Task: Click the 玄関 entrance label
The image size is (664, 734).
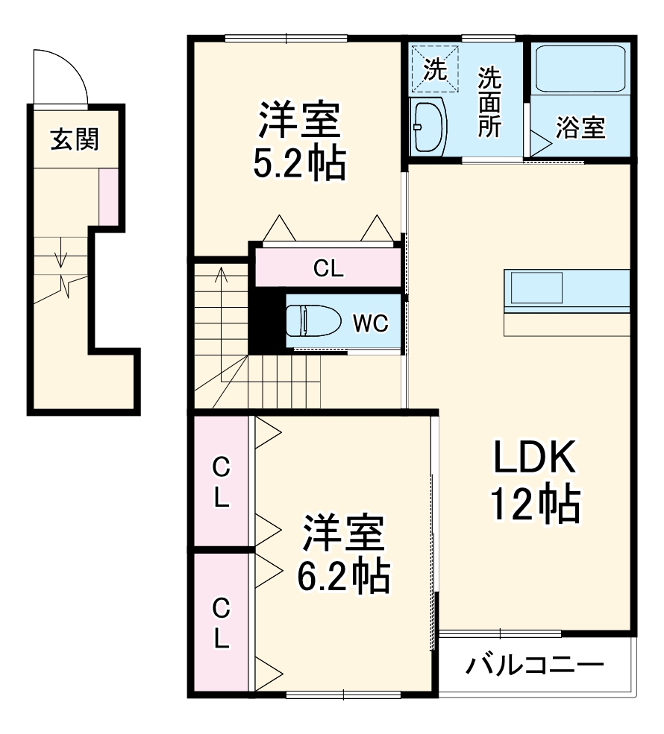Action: tap(75, 139)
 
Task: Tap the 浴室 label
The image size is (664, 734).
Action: tap(580, 127)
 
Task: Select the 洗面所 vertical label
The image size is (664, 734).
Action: tap(489, 101)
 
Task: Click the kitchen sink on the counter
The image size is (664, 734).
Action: tap(536, 288)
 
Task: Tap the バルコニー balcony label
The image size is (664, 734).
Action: tap(534, 664)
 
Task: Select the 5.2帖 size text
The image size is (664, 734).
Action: tap(299, 163)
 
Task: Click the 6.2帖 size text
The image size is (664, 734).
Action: tap(342, 575)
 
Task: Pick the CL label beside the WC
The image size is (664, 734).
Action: tap(328, 270)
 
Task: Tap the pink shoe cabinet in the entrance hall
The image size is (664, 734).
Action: tap(108, 196)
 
